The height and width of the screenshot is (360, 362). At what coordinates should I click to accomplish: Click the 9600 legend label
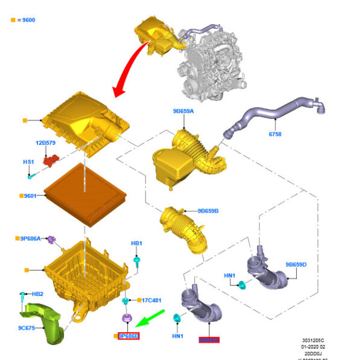pyautogui.click(x=25, y=20)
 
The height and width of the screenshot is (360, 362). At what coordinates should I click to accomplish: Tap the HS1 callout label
pyautogui.click(x=28, y=162)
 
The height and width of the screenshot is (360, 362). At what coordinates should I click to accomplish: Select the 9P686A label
pyautogui.click(x=30, y=239)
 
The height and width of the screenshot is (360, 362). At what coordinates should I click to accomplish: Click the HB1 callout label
pyautogui.click(x=137, y=243)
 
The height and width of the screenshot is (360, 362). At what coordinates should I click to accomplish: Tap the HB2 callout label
pyautogui.click(x=37, y=293)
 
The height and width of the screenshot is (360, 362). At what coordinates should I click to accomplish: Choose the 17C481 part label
pyautogui.click(x=151, y=300)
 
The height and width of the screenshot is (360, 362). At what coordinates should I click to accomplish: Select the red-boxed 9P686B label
pyautogui.click(x=128, y=335)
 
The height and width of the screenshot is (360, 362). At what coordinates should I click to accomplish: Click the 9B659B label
pyautogui.click(x=208, y=211)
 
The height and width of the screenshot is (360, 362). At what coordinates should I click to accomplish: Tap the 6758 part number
pyautogui.click(x=275, y=135)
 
